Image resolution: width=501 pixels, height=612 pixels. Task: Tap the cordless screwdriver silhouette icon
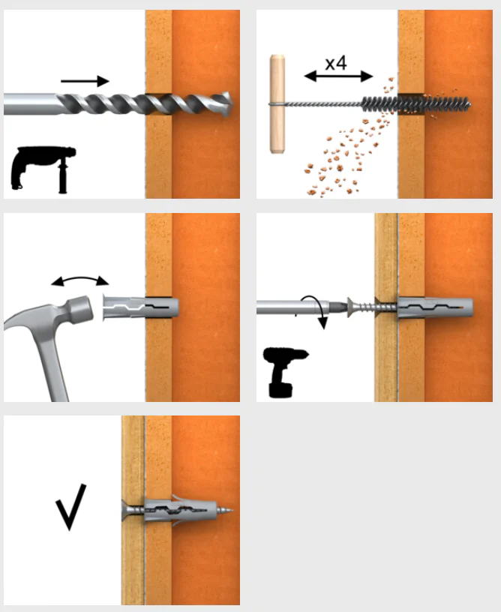(285, 372)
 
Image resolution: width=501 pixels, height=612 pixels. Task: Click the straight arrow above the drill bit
(85, 81)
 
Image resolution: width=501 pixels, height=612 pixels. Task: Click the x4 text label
(336, 63)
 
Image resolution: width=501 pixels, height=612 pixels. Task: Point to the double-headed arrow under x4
(338, 76)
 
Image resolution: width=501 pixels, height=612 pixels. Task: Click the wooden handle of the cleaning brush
(277, 103)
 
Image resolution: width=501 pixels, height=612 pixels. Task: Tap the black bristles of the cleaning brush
(416, 104)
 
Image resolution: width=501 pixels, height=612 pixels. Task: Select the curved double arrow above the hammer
(80, 278)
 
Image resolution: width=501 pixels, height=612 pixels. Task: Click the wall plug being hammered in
(140, 307)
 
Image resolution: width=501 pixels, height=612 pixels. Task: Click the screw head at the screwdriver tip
(351, 307)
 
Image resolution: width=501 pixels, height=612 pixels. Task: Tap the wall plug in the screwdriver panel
(435, 307)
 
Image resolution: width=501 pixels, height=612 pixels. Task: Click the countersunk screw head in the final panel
(127, 510)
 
